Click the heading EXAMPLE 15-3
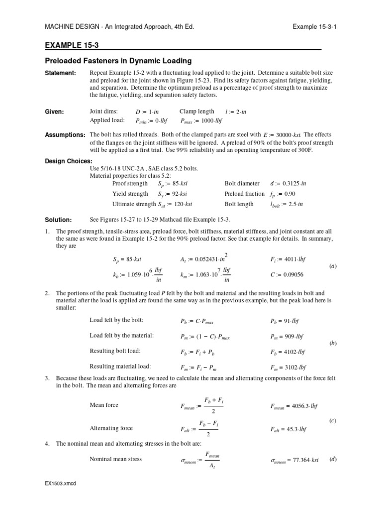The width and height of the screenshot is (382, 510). pos(72,45)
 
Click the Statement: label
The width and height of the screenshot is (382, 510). pos(61,73)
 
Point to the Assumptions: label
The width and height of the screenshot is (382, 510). pos(65,135)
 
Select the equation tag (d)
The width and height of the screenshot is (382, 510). pos(333,459)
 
